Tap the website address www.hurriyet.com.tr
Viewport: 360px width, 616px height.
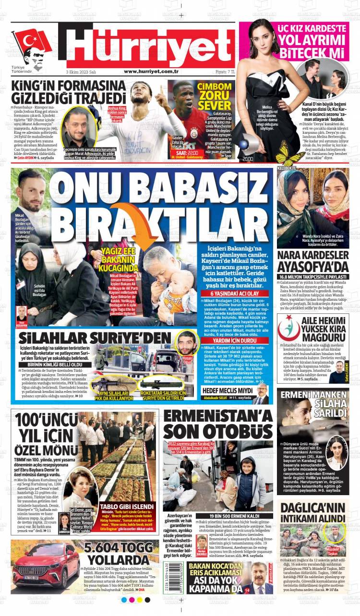(151, 71)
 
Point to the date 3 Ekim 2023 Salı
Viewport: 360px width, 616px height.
(81, 71)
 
